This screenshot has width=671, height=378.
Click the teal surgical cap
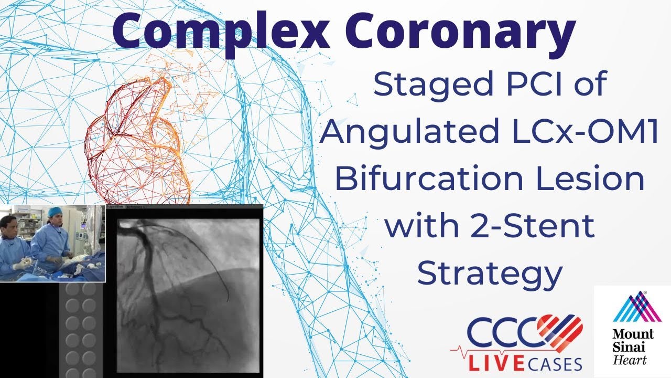coord(54,211)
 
